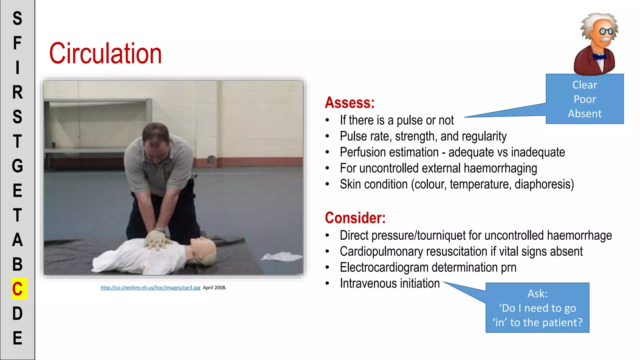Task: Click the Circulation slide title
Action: tap(105, 54)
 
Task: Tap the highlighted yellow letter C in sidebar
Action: tap(18, 289)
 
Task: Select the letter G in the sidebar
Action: tap(17, 166)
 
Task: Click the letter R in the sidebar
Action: tap(17, 92)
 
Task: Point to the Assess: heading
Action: tap(349, 102)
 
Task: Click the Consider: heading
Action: tap(355, 218)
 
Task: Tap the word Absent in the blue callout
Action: tap(584, 113)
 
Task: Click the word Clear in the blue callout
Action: tap(584, 85)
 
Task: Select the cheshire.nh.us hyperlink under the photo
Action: tap(150, 287)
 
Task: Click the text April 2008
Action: tap(214, 287)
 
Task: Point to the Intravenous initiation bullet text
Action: tap(390, 283)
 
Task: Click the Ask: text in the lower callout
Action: tap(537, 294)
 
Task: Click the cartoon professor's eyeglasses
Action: tap(606, 31)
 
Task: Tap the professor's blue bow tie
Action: tap(600, 57)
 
